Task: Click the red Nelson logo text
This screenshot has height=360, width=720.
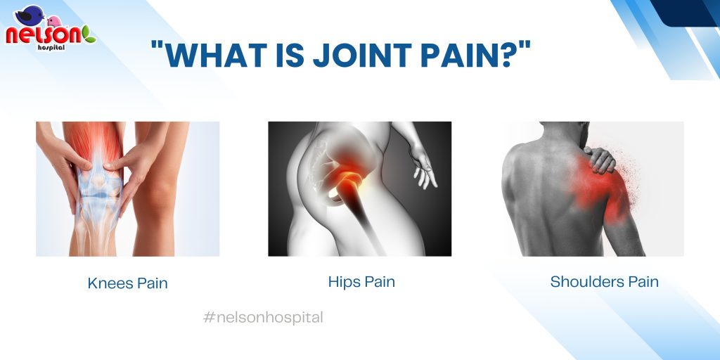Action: point(44,35)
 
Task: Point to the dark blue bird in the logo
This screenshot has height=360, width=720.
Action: point(28,15)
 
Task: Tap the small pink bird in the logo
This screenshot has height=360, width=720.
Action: point(54,21)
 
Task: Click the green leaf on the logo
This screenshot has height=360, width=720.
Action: point(89,34)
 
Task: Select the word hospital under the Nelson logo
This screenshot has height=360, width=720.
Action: point(51,47)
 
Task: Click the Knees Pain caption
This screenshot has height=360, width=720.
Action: point(128,283)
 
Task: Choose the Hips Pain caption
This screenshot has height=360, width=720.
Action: point(361,281)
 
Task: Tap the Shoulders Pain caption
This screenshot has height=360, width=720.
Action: point(604,281)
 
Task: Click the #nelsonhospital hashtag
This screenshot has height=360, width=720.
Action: point(263,317)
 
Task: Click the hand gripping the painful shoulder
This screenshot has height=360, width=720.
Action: point(599,159)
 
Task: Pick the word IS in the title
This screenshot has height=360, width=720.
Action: point(290,54)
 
